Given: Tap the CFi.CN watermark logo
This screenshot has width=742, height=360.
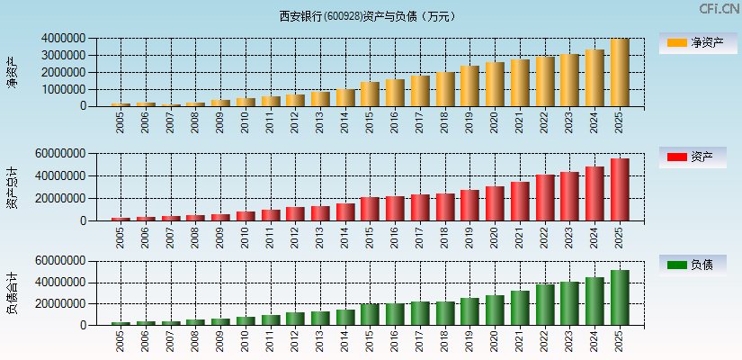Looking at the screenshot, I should pos(719,9).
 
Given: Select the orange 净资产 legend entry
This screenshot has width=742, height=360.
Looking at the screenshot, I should pos(696,42).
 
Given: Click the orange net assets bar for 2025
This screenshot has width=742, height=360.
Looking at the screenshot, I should pos(620,73).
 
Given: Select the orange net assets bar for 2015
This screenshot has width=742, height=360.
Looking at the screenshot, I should pos(370,94).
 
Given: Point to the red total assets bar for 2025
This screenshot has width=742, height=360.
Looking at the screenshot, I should pos(620,190).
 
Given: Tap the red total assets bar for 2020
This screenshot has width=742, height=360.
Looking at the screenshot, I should pos(495,203).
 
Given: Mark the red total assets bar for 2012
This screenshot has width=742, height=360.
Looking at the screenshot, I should pos(295,213).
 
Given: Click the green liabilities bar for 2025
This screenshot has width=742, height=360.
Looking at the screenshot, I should pos(620,297).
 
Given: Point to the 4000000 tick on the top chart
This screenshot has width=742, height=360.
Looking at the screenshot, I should pos(63,39).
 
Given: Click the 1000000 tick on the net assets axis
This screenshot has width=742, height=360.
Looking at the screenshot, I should pos(63,89).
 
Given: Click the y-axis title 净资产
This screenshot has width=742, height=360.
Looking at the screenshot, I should pos(12,72).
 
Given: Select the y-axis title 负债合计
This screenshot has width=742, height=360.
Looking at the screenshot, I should pos(12,293).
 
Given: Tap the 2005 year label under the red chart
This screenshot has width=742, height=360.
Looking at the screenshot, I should pos(121,238).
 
